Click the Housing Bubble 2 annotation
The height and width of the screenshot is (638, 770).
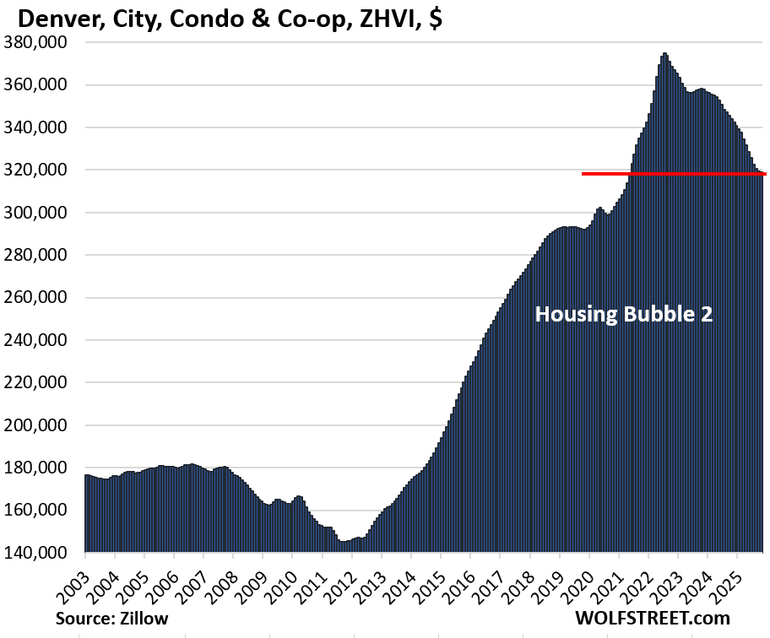click(x=624, y=315)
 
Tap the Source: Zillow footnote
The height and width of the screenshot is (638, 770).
click(x=112, y=619)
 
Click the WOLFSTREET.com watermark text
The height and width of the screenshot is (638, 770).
click(x=653, y=619)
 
